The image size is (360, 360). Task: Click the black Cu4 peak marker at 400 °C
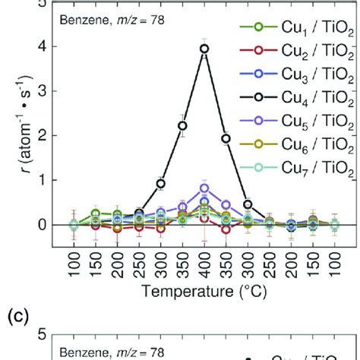click(x=204, y=49)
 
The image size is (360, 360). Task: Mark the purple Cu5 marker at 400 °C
click(x=204, y=188)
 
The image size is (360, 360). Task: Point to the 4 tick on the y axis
click(x=43, y=46)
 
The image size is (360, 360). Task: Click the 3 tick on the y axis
click(x=43, y=90)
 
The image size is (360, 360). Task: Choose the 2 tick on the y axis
click(x=43, y=135)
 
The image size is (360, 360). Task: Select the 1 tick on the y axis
click(x=43, y=180)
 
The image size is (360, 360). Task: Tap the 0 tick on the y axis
click(x=43, y=225)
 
